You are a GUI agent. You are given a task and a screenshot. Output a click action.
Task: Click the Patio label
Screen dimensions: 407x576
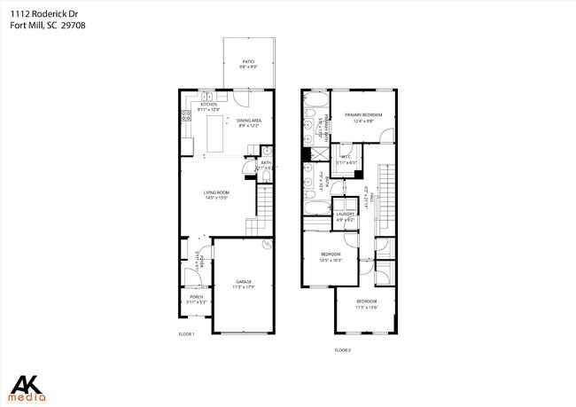pyautogui.click(x=248, y=62)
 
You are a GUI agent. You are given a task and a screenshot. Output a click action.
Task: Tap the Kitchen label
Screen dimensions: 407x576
pyautogui.click(x=209, y=105)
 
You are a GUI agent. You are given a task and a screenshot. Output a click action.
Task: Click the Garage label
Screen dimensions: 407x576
pyautogui.click(x=244, y=282)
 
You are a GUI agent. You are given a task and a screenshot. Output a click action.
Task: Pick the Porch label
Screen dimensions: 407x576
pyautogui.click(x=197, y=297)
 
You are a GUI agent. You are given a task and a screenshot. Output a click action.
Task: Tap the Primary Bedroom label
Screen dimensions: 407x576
pyautogui.click(x=363, y=115)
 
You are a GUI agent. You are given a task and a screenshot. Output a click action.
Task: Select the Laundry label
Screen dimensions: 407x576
pyautogui.click(x=346, y=214)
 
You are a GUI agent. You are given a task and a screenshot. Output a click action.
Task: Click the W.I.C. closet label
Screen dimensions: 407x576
pyautogui.click(x=346, y=159)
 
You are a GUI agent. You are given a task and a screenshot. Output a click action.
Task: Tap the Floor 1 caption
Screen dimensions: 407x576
pyautogui.click(x=186, y=334)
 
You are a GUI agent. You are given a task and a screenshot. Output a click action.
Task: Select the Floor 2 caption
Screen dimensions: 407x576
pyautogui.click(x=343, y=351)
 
